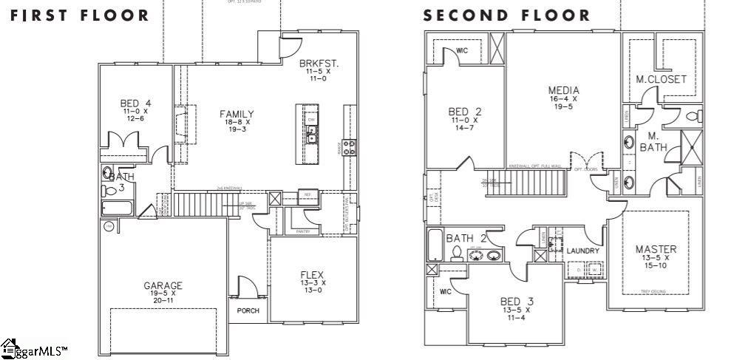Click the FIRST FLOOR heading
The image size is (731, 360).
coord(79,15)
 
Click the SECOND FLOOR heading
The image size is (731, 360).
coord(506,15)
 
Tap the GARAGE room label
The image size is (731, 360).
coord(163,285)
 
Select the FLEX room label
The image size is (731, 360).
coord(313,275)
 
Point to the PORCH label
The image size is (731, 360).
coord(248,310)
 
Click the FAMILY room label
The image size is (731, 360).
coord(237,114)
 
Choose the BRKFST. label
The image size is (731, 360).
coord(319,64)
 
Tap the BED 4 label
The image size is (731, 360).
coord(136,103)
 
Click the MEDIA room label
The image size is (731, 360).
coord(563,91)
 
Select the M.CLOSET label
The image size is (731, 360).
coord(661,79)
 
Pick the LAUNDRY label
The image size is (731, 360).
coord(582,251)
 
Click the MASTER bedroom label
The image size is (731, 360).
coord(656,249)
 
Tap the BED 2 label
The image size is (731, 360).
coord(465,112)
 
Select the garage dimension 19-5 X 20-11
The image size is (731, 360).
coord(163,297)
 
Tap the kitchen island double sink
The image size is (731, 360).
coord(312,135)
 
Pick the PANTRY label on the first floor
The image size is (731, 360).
coord(302,232)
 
